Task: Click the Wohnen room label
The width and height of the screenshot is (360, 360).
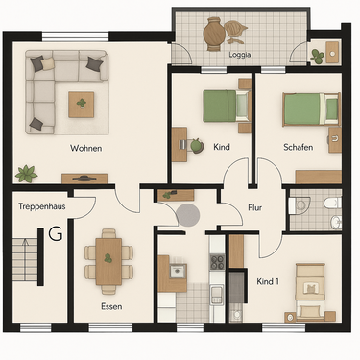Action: [85, 148]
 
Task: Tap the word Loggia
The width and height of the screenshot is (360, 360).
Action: [242, 56]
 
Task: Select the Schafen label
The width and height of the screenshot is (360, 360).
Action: [299, 147]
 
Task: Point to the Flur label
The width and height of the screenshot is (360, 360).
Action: [255, 206]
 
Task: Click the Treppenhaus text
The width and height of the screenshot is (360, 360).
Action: [39, 205]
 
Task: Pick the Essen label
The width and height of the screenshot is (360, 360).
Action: [111, 306]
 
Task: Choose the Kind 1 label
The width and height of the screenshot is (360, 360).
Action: [268, 280]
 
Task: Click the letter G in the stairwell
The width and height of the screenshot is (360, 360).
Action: [55, 233]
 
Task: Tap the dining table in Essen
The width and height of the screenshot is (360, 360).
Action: [108, 262]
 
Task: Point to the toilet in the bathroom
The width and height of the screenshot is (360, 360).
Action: [301, 204]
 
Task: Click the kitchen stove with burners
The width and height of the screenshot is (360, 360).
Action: [217, 260]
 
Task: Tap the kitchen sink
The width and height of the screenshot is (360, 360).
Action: [176, 272]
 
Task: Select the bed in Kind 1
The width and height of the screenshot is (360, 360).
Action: [310, 292]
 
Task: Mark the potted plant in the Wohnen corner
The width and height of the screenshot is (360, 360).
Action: [26, 174]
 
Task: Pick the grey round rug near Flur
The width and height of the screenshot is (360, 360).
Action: [186, 214]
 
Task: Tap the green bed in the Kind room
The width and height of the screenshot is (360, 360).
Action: [222, 104]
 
